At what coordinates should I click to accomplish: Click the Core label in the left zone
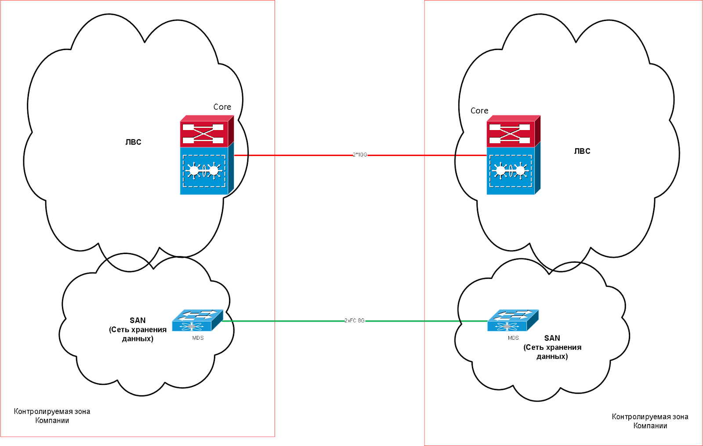[x=222, y=107]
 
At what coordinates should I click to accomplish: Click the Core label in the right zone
[x=479, y=111]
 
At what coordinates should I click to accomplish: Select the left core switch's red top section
[x=207, y=131]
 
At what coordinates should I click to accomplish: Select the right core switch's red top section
[x=514, y=131]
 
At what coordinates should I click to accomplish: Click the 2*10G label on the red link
[x=360, y=155]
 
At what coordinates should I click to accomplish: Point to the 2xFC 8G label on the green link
[x=355, y=321]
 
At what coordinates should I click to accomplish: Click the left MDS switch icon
[x=198, y=320]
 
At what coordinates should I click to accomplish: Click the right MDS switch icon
[x=513, y=320]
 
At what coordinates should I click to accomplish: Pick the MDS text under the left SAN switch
[x=198, y=338]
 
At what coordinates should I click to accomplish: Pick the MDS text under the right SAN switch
[x=514, y=338]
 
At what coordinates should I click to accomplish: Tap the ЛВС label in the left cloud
[x=134, y=142]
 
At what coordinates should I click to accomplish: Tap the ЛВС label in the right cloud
[x=582, y=151]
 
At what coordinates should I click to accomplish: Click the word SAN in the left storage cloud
[x=138, y=320]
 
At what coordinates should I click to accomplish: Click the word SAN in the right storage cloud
[x=552, y=338]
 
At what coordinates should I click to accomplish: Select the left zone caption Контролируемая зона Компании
[x=52, y=416]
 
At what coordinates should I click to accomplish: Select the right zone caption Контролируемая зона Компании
[x=650, y=421]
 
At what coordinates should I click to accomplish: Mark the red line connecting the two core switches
[x=360, y=155]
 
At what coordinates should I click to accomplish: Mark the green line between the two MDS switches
[x=355, y=321]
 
